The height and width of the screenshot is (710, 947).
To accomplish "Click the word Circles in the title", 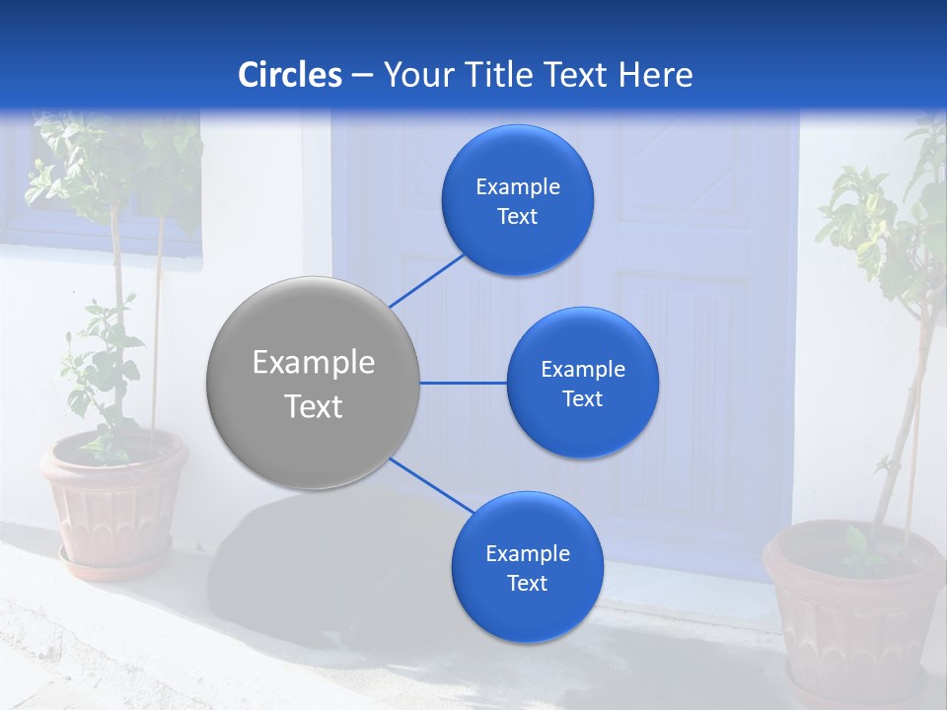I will point(289,75).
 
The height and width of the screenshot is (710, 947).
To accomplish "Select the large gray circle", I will point(314,383).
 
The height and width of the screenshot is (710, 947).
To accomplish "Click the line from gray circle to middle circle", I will point(463,383).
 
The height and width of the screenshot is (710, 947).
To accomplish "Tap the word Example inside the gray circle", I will point(314,363).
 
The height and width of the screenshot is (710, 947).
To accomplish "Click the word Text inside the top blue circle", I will point(518,217).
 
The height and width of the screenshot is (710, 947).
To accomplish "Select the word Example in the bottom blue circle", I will point(527,554).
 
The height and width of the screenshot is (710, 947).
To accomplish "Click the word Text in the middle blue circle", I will point(582,399).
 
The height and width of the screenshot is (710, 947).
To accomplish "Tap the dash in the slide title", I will point(362,76).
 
